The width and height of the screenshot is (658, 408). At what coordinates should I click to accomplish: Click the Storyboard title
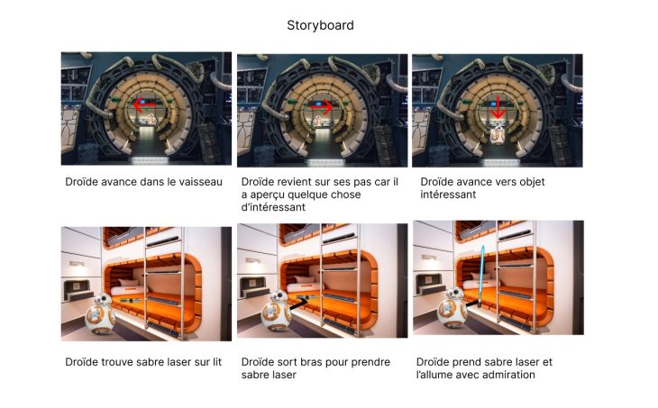(320, 25)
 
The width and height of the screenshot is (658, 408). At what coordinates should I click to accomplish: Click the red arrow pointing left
(144, 104)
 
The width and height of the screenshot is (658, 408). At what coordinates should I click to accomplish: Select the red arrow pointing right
(321, 107)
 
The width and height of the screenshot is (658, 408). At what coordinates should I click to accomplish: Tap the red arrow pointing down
(498, 107)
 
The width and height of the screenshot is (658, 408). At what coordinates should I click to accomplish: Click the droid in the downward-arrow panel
(498, 134)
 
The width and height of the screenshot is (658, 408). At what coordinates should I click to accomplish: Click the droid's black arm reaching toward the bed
(299, 304)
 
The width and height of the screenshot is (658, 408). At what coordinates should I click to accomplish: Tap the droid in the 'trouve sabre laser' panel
(100, 313)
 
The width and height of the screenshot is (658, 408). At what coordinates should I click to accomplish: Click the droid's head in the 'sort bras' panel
(279, 297)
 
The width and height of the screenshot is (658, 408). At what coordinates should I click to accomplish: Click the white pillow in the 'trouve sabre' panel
(128, 282)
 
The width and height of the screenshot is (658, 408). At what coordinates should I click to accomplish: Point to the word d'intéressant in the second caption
(273, 207)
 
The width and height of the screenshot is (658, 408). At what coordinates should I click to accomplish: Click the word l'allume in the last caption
(433, 375)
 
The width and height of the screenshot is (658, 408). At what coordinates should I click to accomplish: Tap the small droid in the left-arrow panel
(151, 120)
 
